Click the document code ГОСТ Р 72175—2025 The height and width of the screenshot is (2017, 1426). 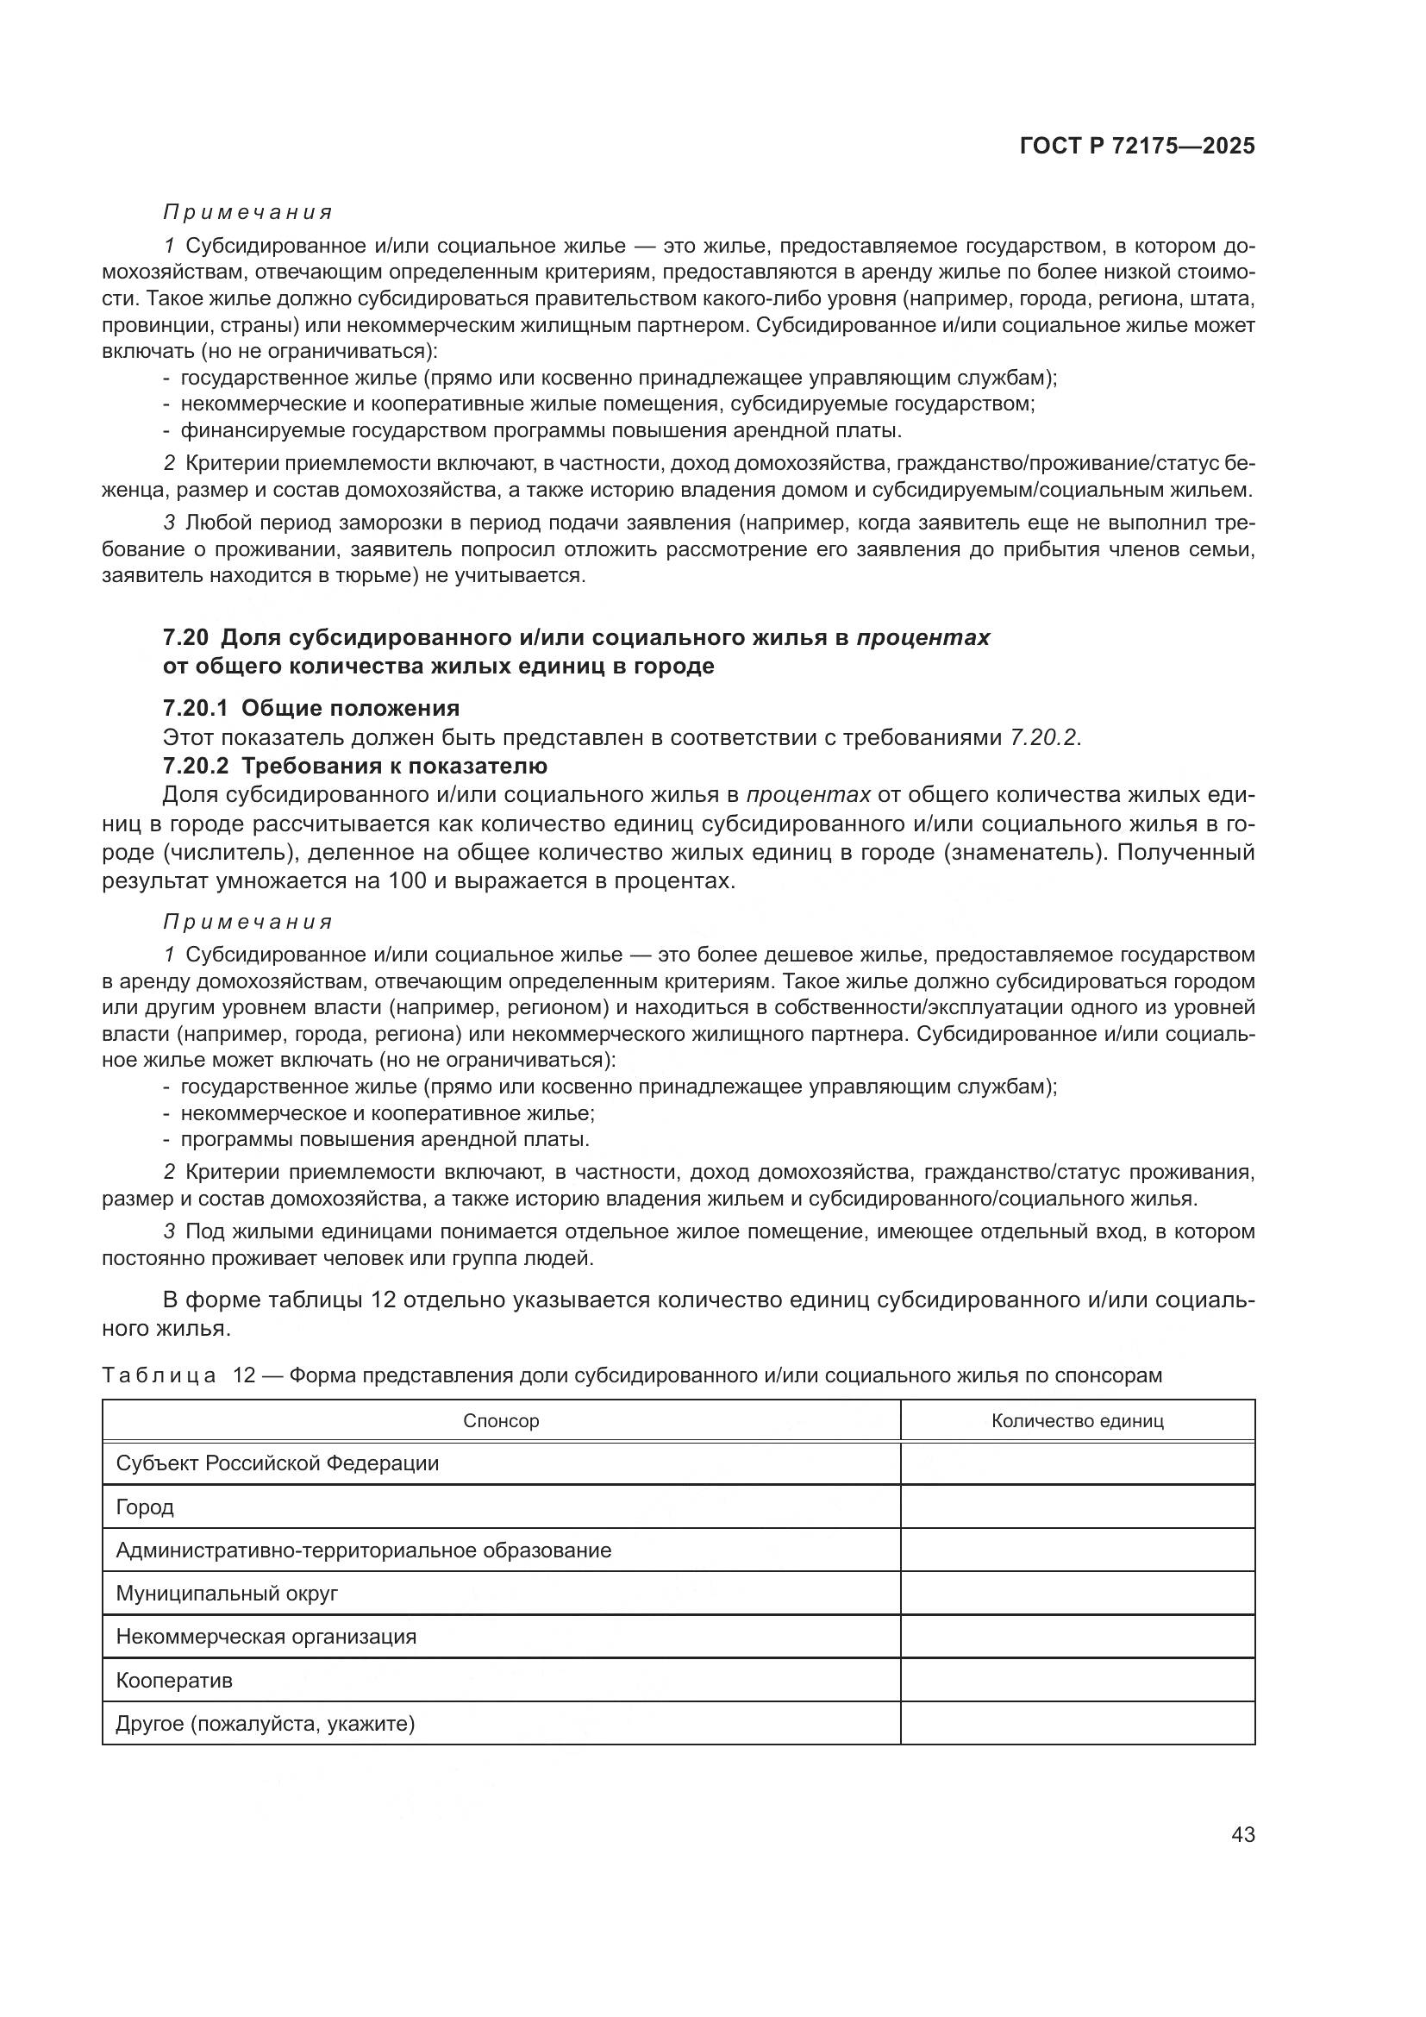pyautogui.click(x=1137, y=147)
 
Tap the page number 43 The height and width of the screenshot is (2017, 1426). pyautogui.click(x=1242, y=1834)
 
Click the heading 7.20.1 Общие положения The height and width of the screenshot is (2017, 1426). pyautogui.click(x=311, y=708)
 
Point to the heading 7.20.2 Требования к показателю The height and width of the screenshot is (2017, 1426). pyautogui.click(x=354, y=766)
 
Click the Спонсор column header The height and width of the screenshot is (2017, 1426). pyautogui.click(x=501, y=1420)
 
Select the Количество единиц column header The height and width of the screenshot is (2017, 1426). pyautogui.click(x=1077, y=1420)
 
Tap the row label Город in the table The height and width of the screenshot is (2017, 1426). pyautogui.click(x=145, y=1507)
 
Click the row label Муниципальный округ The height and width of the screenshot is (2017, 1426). pyautogui.click(x=227, y=1594)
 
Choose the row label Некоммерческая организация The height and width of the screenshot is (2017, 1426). pyautogui.click(x=266, y=1637)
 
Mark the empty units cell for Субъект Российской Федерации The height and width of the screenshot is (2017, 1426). pyautogui.click(x=1077, y=1463)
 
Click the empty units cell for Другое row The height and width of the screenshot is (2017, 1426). pyautogui.click(x=1077, y=1724)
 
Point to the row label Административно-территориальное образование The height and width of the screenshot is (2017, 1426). pyautogui.click(x=363, y=1550)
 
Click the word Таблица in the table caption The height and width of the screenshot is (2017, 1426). pyautogui.click(x=159, y=1375)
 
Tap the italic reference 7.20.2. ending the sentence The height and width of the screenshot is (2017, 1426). pyautogui.click(x=1044, y=737)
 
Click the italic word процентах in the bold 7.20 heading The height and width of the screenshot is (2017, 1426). pyautogui.click(x=923, y=638)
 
